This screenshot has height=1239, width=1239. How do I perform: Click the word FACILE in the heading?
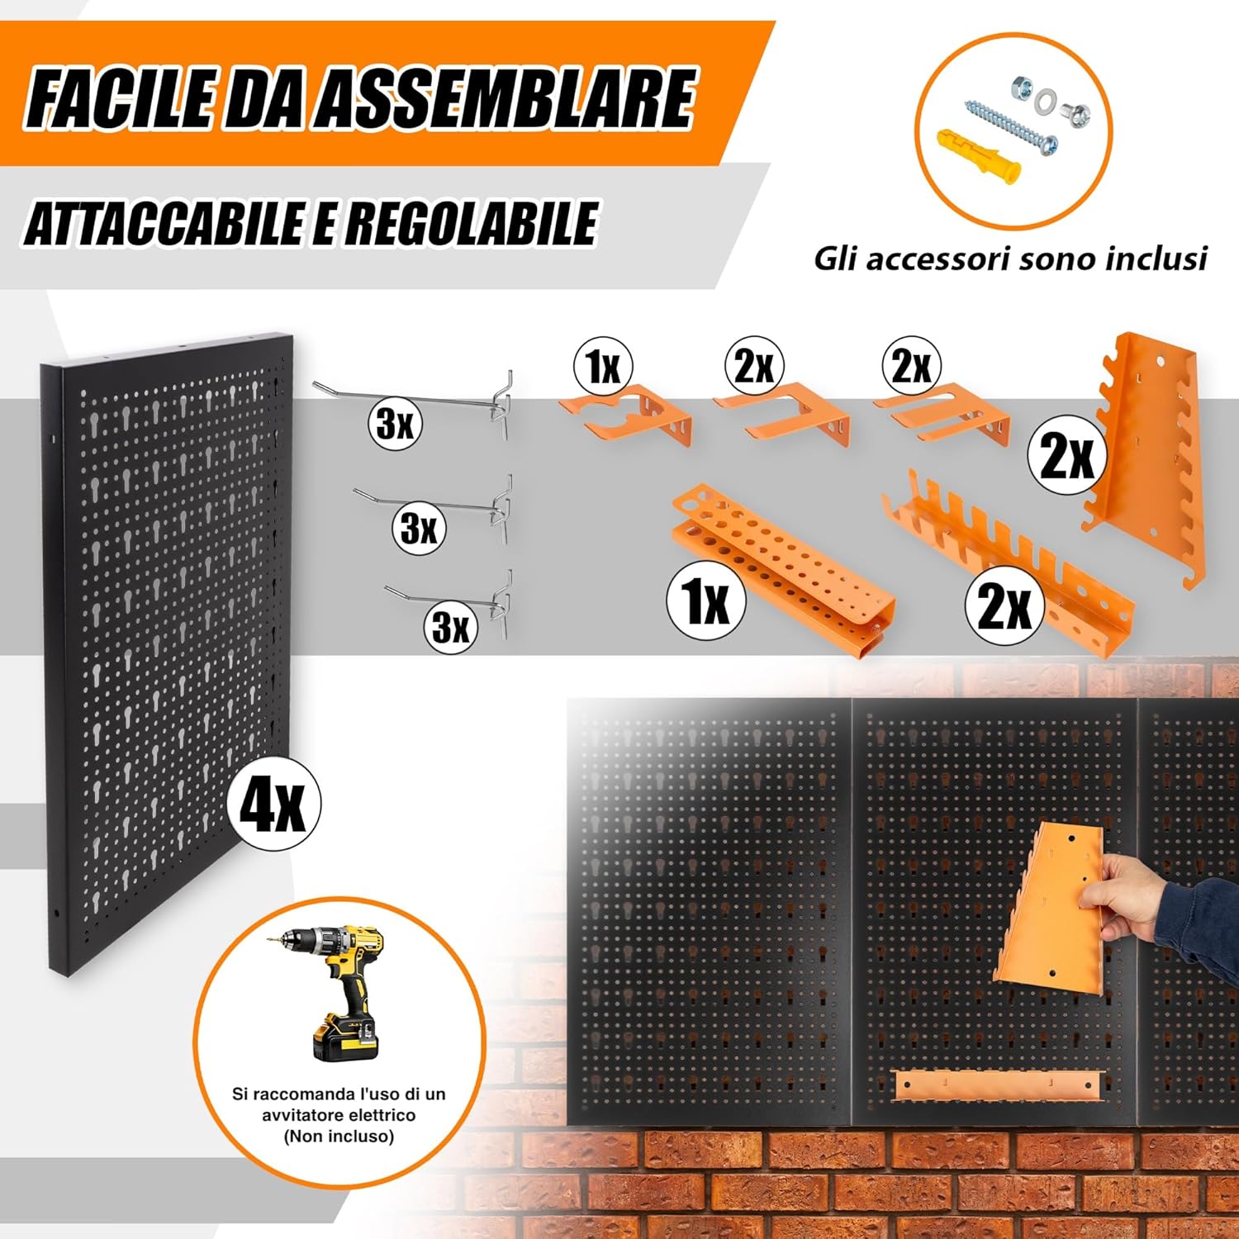click(116, 98)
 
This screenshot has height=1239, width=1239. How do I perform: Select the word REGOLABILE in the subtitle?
click(471, 223)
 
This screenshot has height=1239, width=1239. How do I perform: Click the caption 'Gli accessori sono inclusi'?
click(1009, 259)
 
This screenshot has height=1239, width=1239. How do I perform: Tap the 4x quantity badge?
click(273, 804)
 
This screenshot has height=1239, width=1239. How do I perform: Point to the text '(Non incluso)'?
click(339, 1137)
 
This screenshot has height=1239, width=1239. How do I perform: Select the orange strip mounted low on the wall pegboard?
click(999, 1084)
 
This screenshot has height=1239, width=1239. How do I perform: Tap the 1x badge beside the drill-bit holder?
click(706, 601)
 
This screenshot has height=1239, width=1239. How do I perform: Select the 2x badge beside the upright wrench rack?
click(1067, 455)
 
